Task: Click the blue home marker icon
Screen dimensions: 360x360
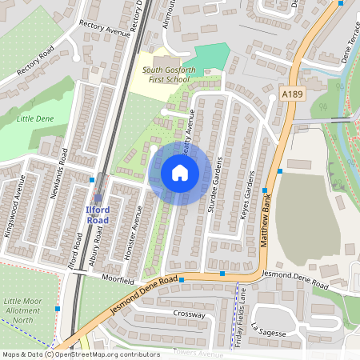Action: (x=180, y=173)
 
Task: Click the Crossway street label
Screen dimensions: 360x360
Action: (x=188, y=314)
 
